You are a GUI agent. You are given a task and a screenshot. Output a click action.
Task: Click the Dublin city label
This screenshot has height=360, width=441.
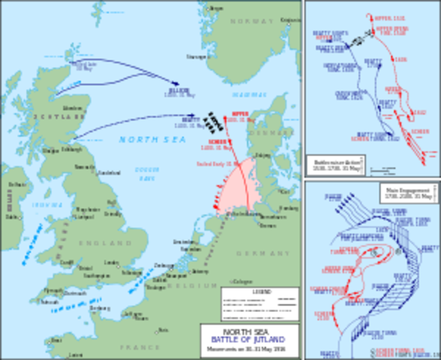pyautogui.click(x=11, y=216)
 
